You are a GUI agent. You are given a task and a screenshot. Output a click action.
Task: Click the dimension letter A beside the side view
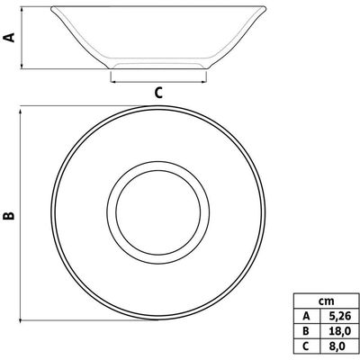click(x=9, y=37)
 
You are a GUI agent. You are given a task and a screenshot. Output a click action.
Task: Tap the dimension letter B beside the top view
click(x=9, y=215)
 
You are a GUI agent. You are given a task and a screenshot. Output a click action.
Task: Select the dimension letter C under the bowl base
click(x=158, y=93)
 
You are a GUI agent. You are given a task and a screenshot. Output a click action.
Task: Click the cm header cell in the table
click(x=326, y=301)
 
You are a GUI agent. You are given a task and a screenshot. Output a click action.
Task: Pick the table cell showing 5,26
click(x=339, y=316)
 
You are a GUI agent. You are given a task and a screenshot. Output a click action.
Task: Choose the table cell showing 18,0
click(x=339, y=331)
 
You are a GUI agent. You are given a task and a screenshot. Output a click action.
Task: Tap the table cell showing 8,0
click(x=339, y=346)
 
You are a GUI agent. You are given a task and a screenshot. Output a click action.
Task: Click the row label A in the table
click(x=306, y=316)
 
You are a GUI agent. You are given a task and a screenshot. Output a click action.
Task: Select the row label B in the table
click(x=306, y=331)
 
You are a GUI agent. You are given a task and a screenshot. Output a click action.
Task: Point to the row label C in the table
click(x=306, y=346)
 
